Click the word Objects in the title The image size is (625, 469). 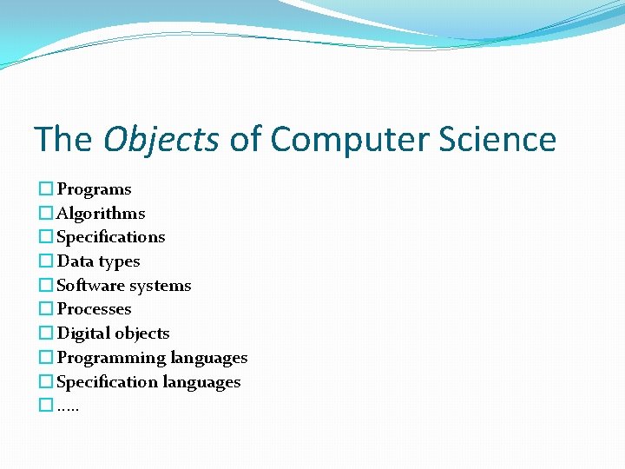[161, 139]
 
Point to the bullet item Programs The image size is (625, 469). [94, 189]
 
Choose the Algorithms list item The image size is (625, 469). [101, 214]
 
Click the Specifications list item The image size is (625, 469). [110, 237]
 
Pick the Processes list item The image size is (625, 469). [94, 309]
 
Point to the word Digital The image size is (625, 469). [80, 334]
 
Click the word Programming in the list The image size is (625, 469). [111, 358]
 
